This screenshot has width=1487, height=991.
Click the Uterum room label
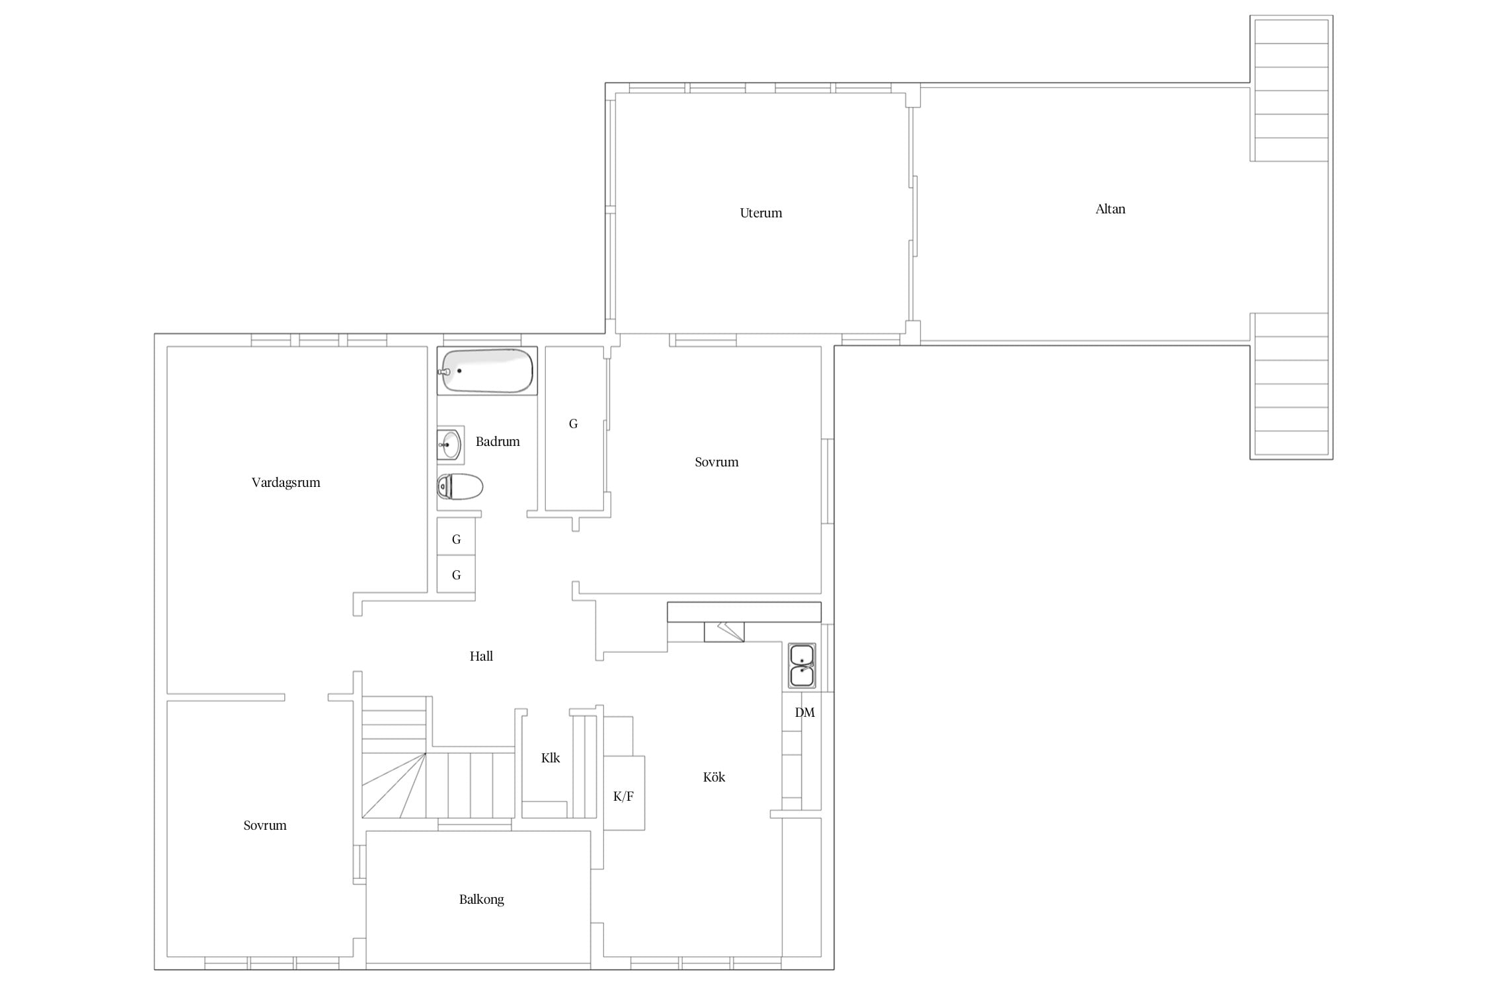tap(761, 213)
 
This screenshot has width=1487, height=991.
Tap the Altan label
tap(1110, 209)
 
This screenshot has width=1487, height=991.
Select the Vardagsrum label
tap(286, 482)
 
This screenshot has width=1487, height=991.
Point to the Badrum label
tap(498, 441)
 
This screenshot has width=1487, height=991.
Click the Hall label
tap(481, 656)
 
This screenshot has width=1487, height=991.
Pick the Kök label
tap(714, 777)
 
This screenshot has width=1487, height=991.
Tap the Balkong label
tap(481, 899)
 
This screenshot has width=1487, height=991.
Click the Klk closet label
tap(551, 758)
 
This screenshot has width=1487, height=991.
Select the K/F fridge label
tap(623, 796)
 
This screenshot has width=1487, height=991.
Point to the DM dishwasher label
tap(804, 712)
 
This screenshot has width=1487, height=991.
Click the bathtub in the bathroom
tap(487, 371)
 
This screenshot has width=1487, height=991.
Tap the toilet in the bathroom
tap(460, 487)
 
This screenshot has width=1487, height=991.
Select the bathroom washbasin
tap(450, 445)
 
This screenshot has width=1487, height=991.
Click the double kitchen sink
tap(802, 666)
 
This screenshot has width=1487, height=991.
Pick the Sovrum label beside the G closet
tap(716, 462)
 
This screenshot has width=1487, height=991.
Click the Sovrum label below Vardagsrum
tap(265, 825)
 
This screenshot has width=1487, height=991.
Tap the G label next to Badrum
tap(573, 423)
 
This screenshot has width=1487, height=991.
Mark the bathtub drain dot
tap(459, 371)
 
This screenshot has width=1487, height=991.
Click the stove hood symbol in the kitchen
tap(724, 632)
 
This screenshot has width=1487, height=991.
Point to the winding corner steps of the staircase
tap(394, 786)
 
